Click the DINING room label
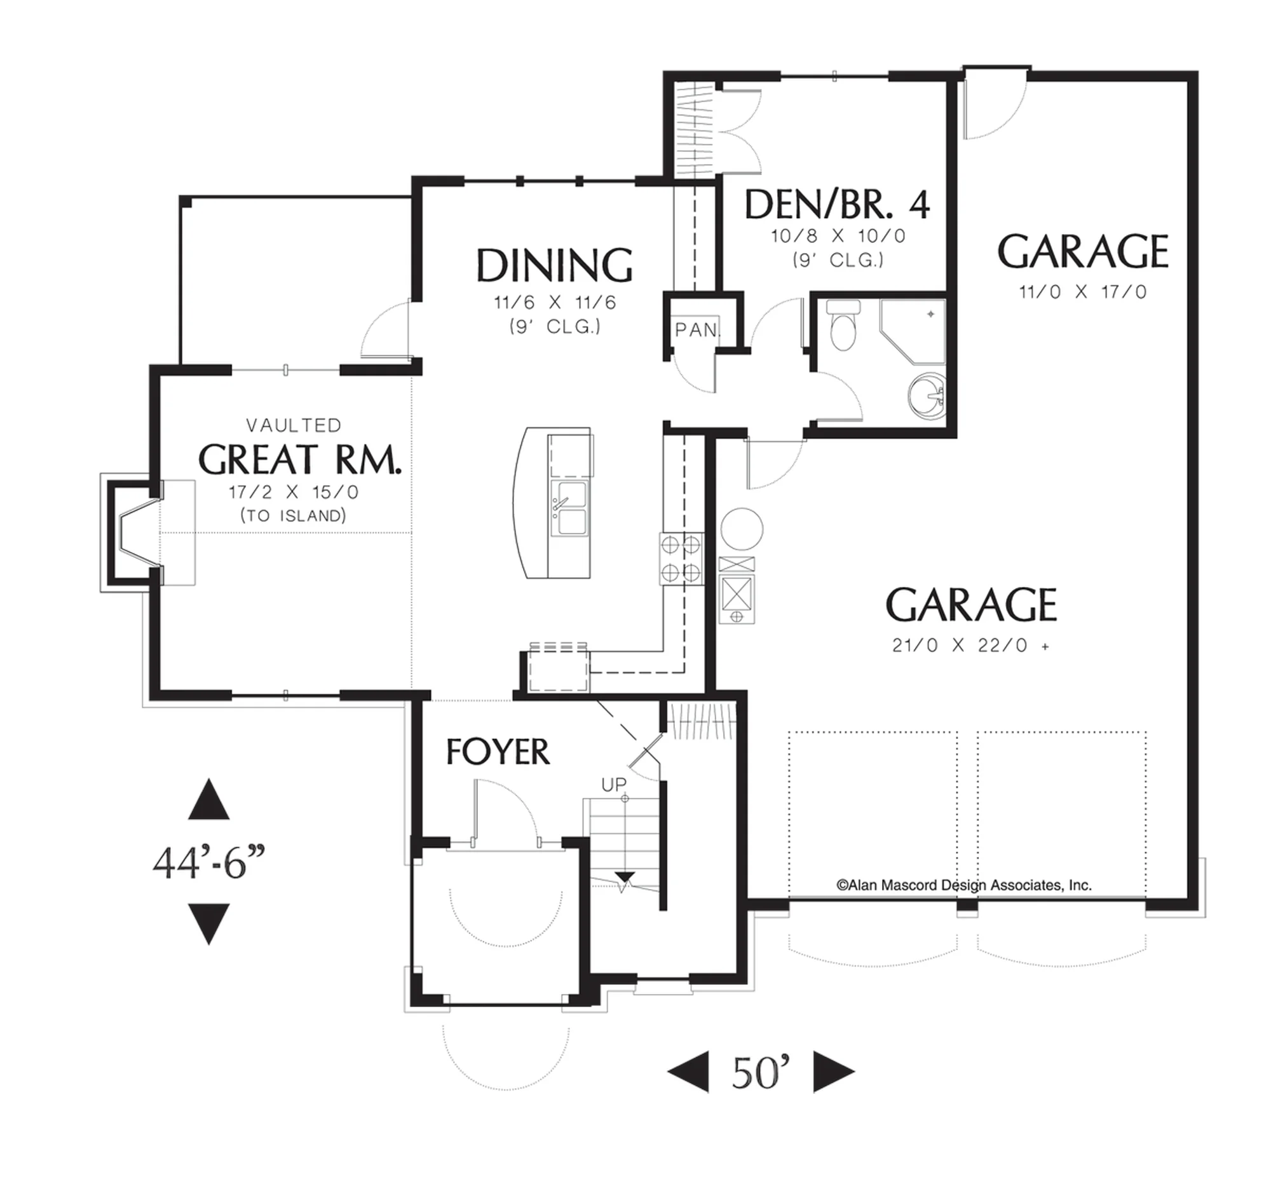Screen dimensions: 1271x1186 pos(554,265)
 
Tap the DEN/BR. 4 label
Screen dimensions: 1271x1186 pos(837,205)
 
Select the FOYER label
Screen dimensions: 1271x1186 pos(498,752)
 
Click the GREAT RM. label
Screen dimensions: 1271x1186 pos(300,459)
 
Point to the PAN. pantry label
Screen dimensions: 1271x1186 pos(698,330)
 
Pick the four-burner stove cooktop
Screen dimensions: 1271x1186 pos(681,558)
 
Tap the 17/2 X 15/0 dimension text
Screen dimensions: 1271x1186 pos(294,493)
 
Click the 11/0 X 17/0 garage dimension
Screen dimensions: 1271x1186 pos(1083,293)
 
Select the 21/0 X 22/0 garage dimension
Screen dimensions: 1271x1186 pos(970,645)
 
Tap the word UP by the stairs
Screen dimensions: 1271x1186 pos(614,784)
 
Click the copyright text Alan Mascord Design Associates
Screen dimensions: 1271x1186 pos(964,885)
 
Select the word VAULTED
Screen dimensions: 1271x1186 pos(294,425)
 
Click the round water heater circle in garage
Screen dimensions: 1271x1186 pos(742,528)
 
